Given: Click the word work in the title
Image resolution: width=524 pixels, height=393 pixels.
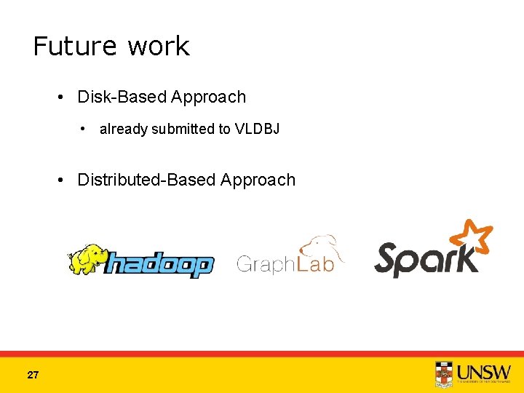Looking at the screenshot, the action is [158, 47].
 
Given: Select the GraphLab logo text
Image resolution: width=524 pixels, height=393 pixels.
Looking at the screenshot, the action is [285, 263].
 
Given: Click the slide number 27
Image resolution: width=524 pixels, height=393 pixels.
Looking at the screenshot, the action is [33, 376].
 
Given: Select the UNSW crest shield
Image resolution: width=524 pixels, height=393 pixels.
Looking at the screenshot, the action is [443, 374].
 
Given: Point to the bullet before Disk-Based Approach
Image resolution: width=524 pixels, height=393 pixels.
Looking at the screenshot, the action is [65, 97].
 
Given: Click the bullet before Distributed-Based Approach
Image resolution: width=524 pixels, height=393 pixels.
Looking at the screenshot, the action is [65, 180].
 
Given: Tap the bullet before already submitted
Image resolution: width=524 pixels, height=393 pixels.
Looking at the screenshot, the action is [86, 129].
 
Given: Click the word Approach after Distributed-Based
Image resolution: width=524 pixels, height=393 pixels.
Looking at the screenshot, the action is [258, 180].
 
